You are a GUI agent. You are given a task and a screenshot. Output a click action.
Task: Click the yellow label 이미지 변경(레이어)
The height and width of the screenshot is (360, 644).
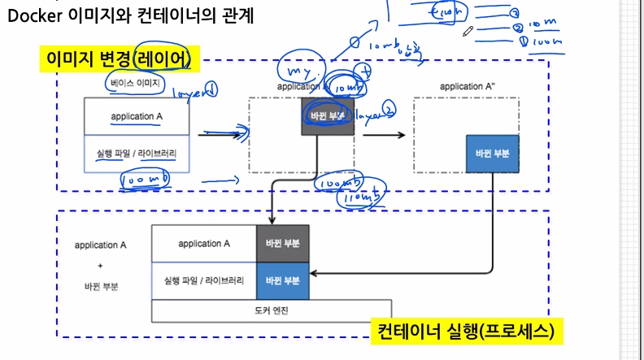[119, 59]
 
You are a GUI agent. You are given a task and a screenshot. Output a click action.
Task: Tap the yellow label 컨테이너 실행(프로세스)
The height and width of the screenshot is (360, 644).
[467, 332]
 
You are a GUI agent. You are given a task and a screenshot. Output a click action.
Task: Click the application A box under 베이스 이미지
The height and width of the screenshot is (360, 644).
[137, 116]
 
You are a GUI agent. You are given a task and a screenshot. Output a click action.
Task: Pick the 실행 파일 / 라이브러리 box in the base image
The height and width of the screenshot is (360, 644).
[137, 154]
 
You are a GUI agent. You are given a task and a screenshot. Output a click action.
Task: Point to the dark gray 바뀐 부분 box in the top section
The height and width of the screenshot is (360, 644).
[329, 115]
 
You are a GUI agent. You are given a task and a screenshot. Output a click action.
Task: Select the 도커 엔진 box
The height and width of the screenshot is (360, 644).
[272, 310]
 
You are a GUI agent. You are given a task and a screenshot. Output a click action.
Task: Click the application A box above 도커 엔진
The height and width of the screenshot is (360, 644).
[204, 243]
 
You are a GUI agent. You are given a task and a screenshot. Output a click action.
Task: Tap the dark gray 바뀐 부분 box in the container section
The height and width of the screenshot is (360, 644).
[283, 243]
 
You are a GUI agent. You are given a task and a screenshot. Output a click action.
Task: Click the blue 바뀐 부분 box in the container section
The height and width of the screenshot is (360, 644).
[283, 280]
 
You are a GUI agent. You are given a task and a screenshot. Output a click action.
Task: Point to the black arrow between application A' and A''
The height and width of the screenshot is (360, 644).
[382, 136]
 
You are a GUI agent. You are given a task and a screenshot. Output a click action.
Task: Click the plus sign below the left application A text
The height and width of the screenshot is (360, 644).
[101, 265]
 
